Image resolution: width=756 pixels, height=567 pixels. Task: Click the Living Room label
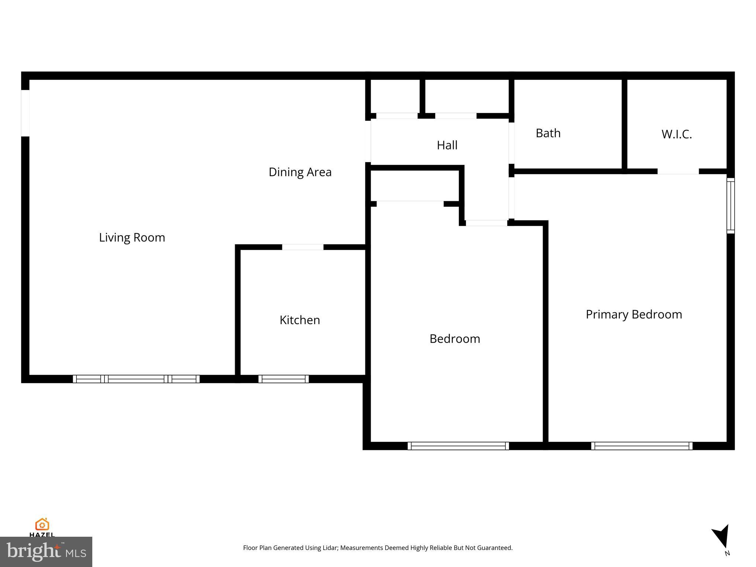point(132,237)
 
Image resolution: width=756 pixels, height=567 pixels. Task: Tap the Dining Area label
point(300,172)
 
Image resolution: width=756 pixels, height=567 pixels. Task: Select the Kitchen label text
point(299,320)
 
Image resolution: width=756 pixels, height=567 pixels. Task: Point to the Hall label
point(447,145)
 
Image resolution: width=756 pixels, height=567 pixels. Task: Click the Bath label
point(548,133)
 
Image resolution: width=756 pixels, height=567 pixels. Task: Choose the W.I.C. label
point(676,134)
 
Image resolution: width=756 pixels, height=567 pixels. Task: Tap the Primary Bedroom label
point(633,315)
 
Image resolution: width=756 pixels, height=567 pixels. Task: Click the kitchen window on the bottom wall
point(283,379)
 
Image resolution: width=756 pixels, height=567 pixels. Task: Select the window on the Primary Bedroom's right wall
point(731,206)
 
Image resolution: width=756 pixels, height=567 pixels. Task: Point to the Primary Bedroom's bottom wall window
point(642,446)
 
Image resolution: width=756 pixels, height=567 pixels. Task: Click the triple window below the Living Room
point(136,379)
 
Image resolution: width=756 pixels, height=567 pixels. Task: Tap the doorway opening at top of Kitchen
point(303,247)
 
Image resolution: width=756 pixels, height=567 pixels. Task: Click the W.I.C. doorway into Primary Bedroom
point(678,171)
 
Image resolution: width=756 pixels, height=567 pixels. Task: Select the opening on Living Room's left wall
point(25,113)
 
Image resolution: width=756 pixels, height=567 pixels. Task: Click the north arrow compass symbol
point(722,537)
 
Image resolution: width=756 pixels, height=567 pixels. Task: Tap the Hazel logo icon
point(42,525)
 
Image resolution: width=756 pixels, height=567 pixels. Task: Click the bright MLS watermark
point(46,551)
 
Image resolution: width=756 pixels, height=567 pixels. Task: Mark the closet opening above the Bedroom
point(410,204)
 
